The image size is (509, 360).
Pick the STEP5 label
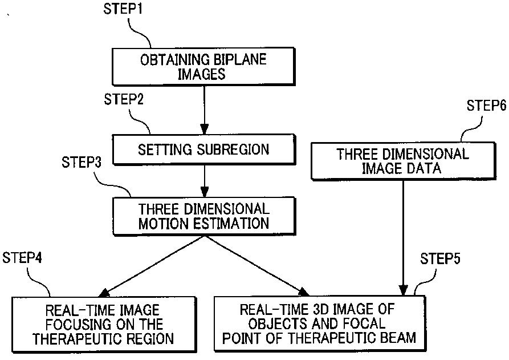point(441,258)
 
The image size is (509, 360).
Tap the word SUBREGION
point(235,150)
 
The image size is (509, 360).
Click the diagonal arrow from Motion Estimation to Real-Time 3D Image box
point(254,264)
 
